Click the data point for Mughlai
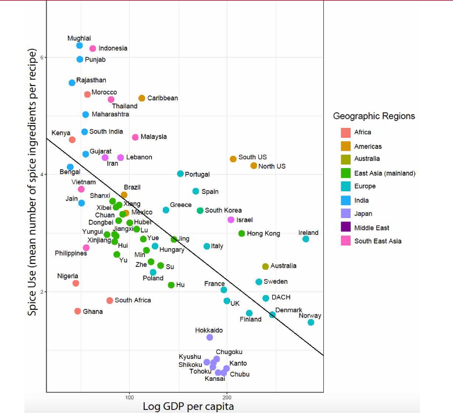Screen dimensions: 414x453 [x=80, y=45]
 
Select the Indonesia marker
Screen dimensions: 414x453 [x=92, y=48]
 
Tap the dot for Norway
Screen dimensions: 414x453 [x=311, y=322]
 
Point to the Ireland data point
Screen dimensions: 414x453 [x=306, y=239]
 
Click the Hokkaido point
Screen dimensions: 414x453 [x=210, y=337]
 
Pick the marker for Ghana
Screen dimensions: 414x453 [x=78, y=311]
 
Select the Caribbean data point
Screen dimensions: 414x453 [x=142, y=98]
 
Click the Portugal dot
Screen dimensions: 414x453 [x=180, y=174]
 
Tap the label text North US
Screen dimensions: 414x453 [x=272, y=166]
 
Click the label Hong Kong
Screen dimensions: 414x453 [x=263, y=234]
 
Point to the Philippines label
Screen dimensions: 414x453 [x=71, y=253]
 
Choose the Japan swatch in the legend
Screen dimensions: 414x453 [x=346, y=214]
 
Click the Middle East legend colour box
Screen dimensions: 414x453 [x=346, y=227]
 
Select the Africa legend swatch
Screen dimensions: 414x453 [x=346, y=133]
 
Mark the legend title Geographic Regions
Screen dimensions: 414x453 [x=374, y=116]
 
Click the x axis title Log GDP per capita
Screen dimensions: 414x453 [x=188, y=406]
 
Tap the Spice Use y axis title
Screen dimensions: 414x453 [x=33, y=183]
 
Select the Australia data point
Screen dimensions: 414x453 [x=266, y=266]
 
